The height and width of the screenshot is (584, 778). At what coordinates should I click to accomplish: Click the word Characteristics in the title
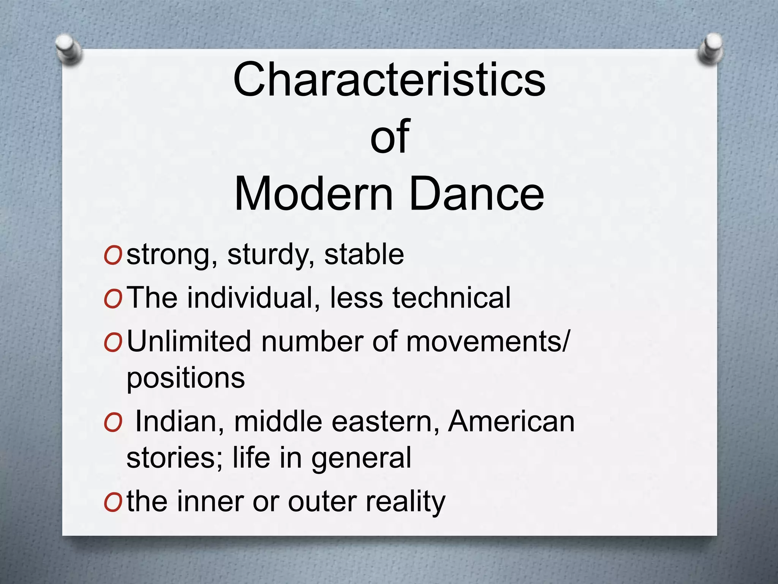[389, 80]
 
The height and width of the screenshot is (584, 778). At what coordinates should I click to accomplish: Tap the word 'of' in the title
[390, 136]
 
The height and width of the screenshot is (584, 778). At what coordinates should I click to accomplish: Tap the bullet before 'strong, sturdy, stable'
[112, 256]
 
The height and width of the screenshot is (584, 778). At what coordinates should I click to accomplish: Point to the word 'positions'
[186, 379]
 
